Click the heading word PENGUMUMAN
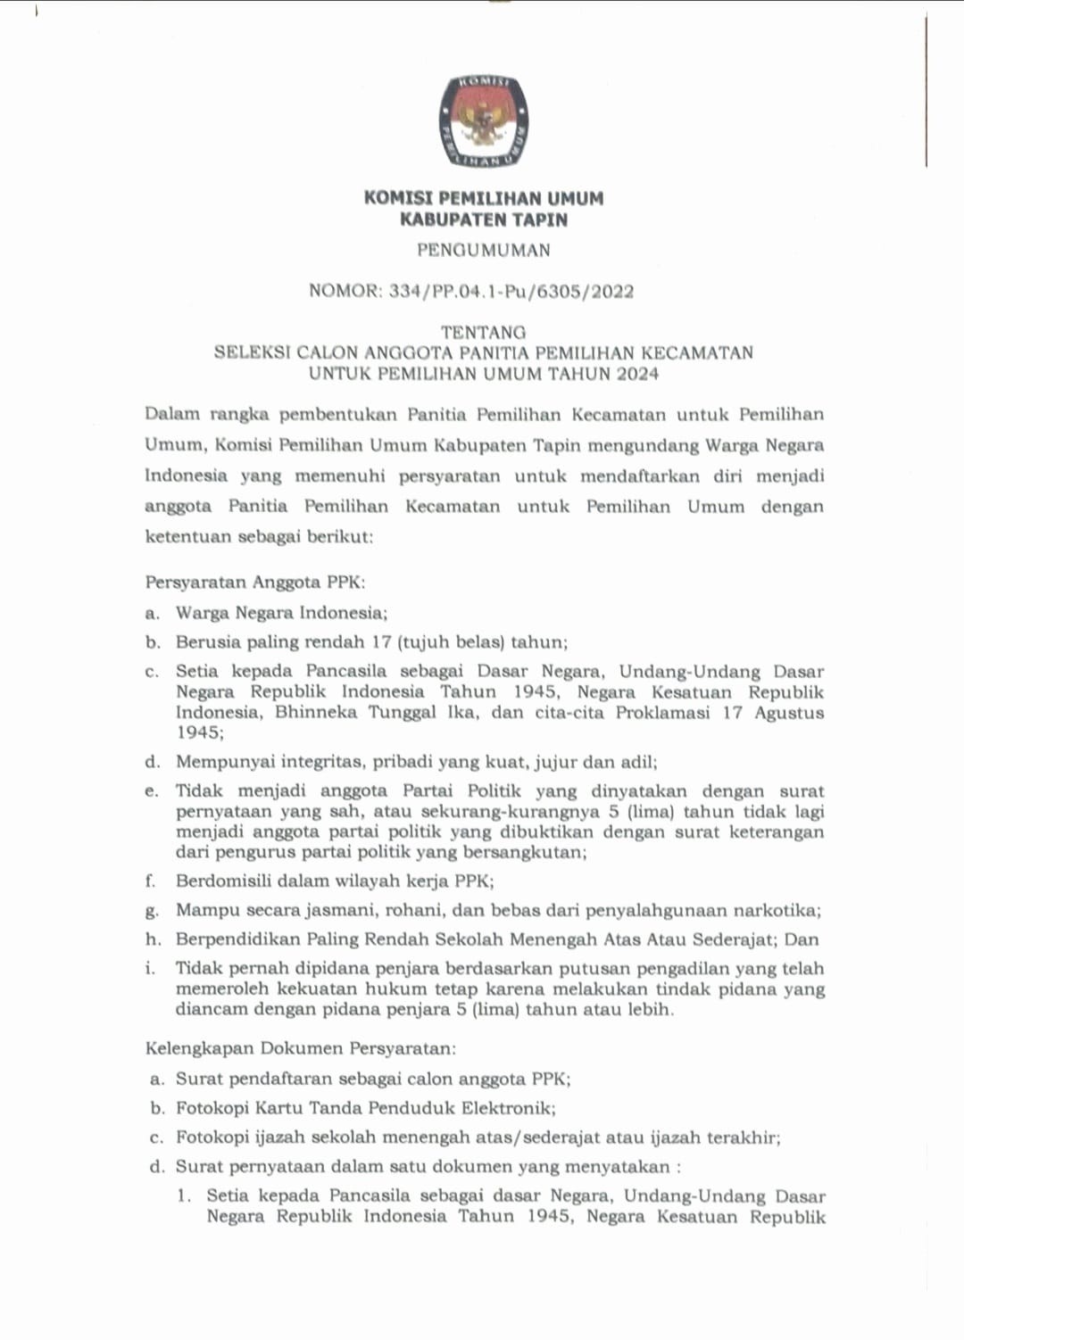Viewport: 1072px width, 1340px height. point(484,251)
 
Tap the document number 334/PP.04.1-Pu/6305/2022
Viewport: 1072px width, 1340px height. point(511,292)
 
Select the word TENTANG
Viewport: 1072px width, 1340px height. point(483,332)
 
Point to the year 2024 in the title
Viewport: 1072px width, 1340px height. point(636,374)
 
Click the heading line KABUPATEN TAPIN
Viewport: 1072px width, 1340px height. point(484,219)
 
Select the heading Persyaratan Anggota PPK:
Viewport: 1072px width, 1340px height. point(255,583)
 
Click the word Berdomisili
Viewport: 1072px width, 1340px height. point(228,881)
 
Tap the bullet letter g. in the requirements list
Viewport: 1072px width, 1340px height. point(153,912)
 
